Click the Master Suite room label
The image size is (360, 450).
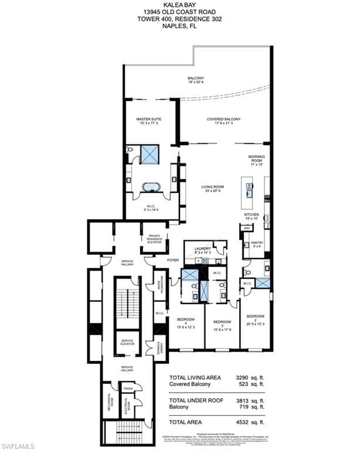point(148,121)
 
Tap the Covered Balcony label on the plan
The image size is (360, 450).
point(223,121)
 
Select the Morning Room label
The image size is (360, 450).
point(257,161)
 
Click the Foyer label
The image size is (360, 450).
point(173,259)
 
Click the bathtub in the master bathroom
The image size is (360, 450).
point(152,187)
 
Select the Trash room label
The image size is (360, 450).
point(127,388)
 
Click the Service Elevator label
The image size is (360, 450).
point(127,343)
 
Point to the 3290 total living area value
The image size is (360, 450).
point(244,378)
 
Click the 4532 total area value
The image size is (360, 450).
point(244,421)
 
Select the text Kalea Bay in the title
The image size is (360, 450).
point(179,4)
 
